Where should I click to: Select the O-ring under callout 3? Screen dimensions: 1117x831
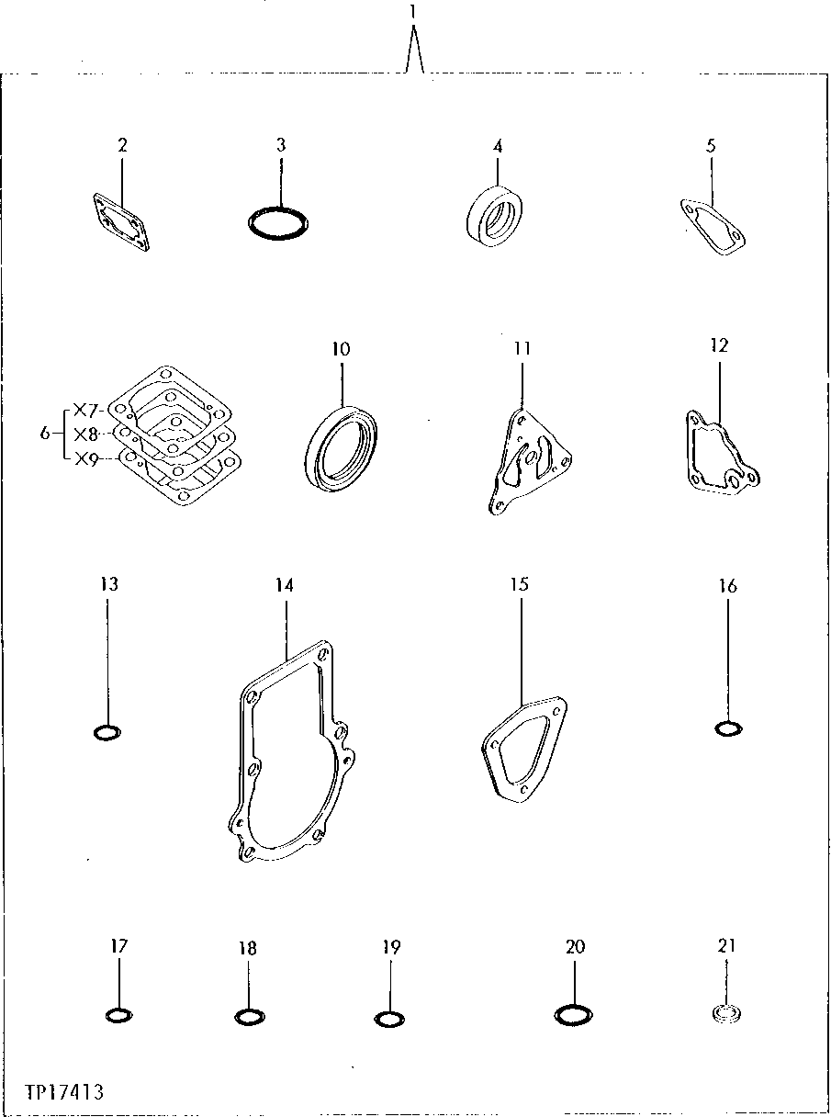[280, 222]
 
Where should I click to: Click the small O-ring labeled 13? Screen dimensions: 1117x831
[107, 732]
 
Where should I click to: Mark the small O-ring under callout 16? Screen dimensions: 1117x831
[727, 728]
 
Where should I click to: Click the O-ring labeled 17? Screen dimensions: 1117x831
[119, 1015]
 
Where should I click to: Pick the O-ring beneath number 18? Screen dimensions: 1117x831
[249, 1016]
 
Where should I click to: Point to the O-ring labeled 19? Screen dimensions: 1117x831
[389, 1019]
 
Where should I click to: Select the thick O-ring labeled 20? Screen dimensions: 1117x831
[574, 1015]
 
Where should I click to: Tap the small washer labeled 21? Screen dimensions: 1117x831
[726, 1015]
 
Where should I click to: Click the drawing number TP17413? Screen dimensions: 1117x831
[65, 1092]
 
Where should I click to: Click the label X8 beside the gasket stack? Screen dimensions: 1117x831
[86, 434]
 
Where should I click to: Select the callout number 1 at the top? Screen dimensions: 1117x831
[413, 12]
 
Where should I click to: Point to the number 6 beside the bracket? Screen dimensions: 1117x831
[45, 434]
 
